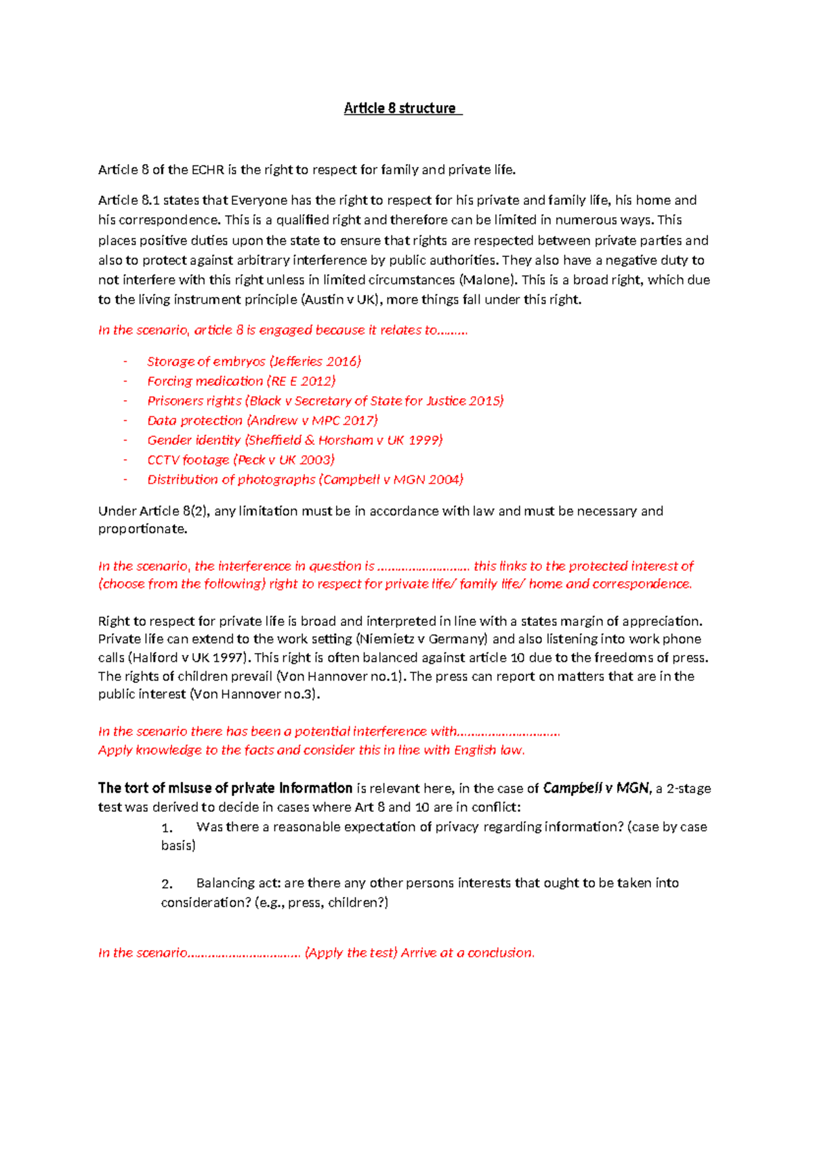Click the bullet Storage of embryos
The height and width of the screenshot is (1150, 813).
pos(206,361)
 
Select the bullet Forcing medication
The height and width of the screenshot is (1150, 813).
pos(205,381)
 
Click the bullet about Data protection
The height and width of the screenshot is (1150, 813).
pos(194,420)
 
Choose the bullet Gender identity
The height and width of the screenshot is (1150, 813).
pos(194,440)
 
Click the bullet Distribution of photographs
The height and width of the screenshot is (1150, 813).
pos(231,479)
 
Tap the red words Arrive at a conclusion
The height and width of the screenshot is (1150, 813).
pos(467,953)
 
